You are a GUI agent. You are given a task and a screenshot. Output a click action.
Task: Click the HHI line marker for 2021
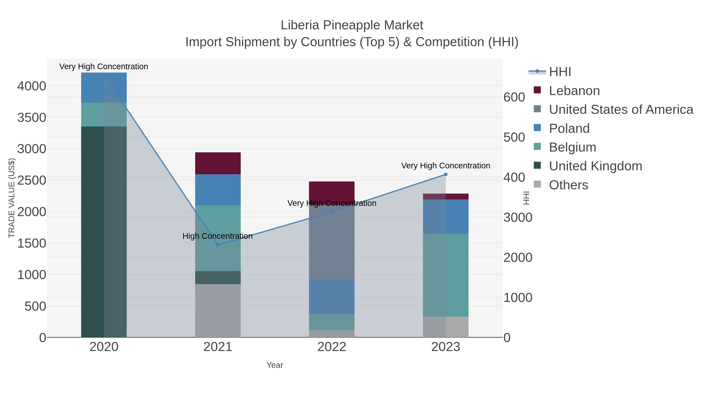click(x=218, y=245)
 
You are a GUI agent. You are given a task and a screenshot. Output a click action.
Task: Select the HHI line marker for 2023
click(x=446, y=174)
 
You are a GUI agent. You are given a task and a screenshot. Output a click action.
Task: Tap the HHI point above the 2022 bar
click(x=332, y=212)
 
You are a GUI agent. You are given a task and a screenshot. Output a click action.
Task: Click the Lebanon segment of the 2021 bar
click(x=218, y=163)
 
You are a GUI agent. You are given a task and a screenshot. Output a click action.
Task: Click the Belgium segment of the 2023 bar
click(x=446, y=275)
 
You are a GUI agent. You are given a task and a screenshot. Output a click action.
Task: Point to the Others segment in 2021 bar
click(x=218, y=311)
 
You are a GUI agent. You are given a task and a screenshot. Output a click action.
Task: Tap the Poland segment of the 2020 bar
click(x=104, y=87)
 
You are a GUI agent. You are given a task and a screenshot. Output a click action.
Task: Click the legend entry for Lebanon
click(x=574, y=91)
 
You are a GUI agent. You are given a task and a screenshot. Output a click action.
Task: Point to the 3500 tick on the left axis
click(x=32, y=118)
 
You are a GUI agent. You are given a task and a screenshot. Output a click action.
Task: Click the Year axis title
click(x=275, y=365)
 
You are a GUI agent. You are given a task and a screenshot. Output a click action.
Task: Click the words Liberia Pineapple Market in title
click(x=352, y=25)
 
